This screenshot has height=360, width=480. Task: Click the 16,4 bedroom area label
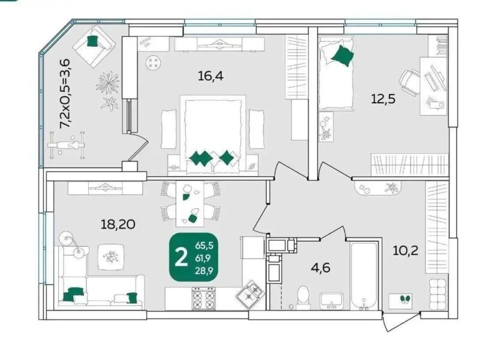click(x=211, y=76)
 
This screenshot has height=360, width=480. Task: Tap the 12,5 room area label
click(x=383, y=99)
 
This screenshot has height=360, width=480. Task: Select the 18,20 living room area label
click(x=118, y=224)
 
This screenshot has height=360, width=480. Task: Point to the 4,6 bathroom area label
click(x=320, y=268)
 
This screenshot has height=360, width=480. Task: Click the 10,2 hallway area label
click(x=406, y=251)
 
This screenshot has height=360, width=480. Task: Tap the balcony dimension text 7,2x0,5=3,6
click(x=65, y=94)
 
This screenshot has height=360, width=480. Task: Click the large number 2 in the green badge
click(x=181, y=257)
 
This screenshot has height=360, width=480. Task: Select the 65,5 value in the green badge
click(x=204, y=245)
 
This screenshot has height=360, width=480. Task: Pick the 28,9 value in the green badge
click(x=204, y=271)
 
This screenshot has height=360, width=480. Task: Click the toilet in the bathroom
click(x=304, y=296)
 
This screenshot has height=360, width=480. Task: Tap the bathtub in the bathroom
click(x=364, y=275)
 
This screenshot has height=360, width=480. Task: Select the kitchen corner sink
click(x=250, y=293)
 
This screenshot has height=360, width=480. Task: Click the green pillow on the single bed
click(x=342, y=55)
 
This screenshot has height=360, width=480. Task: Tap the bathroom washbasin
click(x=332, y=301)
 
